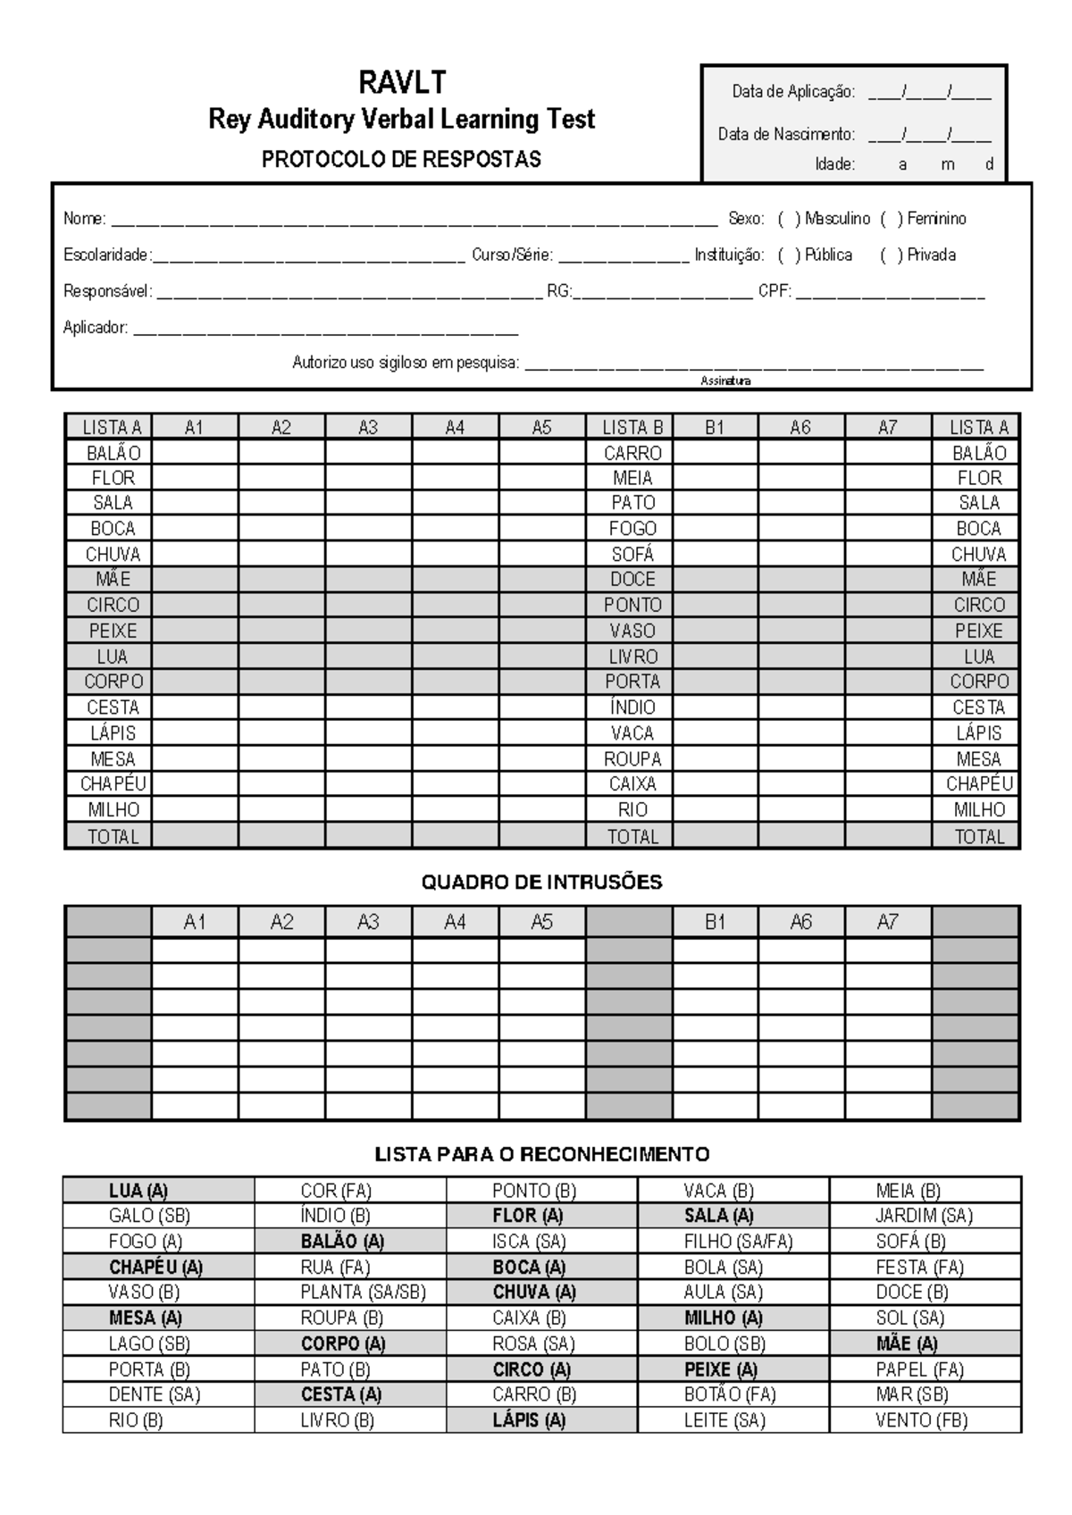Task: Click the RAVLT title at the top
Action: [x=401, y=83]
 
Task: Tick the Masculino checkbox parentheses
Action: [x=789, y=219]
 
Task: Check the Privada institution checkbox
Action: [x=891, y=255]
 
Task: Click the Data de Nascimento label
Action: [x=786, y=135]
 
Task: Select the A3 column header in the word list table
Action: [x=368, y=428]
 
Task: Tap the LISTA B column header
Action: [x=632, y=428]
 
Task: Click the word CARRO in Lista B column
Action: [x=632, y=453]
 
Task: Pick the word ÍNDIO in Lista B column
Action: [x=632, y=707]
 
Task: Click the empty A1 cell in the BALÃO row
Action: [x=195, y=453]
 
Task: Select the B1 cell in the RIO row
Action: [x=715, y=809]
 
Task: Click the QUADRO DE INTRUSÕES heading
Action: [x=541, y=883]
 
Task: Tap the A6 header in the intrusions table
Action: [x=800, y=922]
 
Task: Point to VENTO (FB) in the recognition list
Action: [x=921, y=1420]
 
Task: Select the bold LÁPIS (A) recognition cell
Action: [x=529, y=1420]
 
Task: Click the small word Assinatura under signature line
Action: [x=725, y=381]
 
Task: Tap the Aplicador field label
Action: [x=95, y=328]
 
